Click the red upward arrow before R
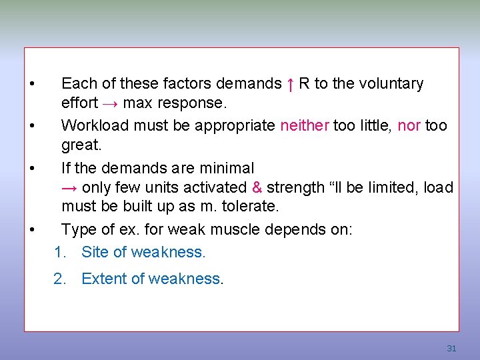(290, 84)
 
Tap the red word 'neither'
(305, 125)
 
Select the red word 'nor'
(409, 125)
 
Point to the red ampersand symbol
(257, 188)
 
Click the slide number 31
(451, 349)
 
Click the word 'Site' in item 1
(94, 252)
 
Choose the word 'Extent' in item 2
(103, 279)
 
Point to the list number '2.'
(60, 279)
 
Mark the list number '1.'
(60, 252)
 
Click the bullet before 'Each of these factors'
(31, 84)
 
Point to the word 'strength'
(293, 188)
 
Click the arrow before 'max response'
(111, 103)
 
